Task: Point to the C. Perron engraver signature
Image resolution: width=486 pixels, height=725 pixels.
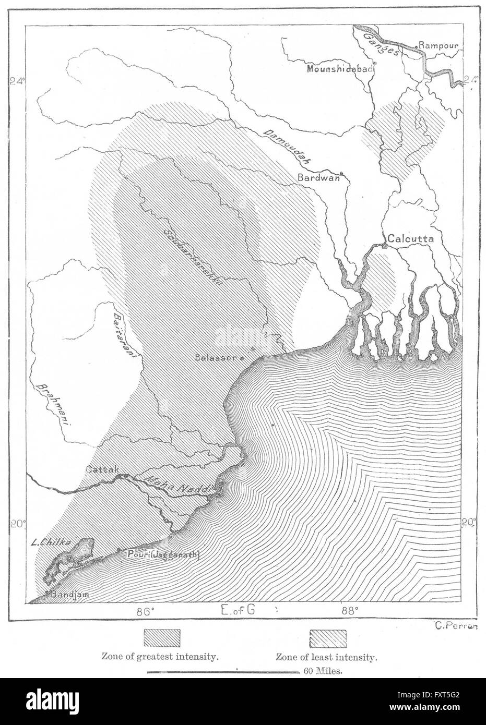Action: point(456,626)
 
